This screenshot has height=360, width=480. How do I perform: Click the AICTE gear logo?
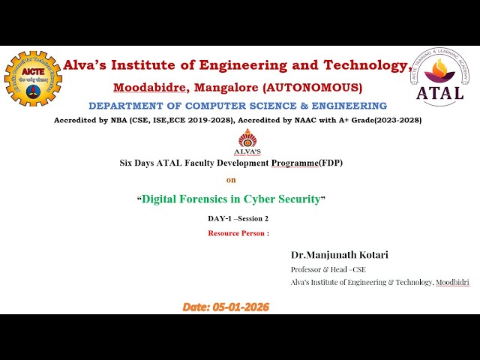[32, 79]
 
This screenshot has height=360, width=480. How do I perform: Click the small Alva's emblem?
[247, 141]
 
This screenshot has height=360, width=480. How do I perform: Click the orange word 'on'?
[231, 180]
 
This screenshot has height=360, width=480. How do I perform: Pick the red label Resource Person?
[236, 233]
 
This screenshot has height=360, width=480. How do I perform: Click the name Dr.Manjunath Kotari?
[340, 255]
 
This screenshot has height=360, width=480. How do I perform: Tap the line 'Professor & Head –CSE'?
[328, 269]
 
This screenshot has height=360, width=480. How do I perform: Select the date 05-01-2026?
[241, 307]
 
